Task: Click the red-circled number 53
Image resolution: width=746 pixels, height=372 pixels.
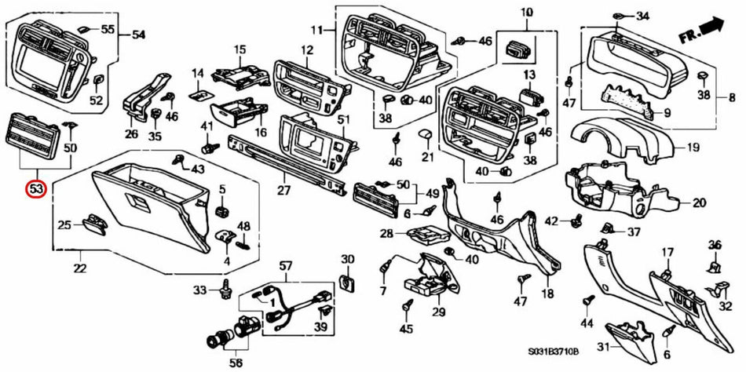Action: tap(36, 189)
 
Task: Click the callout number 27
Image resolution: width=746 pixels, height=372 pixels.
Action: tap(283, 190)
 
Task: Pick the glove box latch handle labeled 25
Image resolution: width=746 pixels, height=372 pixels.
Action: tap(93, 224)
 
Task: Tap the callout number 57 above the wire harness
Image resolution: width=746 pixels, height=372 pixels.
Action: tap(285, 265)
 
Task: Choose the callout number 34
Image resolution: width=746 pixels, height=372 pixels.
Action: tap(643, 16)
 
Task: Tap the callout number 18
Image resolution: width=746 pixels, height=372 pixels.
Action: tap(547, 294)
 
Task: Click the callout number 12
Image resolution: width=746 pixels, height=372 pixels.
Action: tap(306, 50)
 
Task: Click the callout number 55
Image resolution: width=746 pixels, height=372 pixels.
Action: tap(108, 29)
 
